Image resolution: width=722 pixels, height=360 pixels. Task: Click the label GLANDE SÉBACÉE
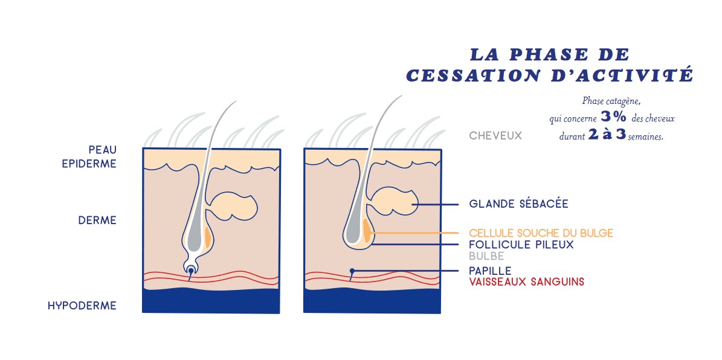point(518,204)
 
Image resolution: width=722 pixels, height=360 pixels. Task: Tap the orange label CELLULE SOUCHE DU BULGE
point(541,233)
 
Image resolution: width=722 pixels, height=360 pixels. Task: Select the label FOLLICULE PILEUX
point(521,245)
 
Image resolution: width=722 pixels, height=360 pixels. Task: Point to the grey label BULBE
point(487,256)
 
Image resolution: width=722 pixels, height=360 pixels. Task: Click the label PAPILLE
point(490,270)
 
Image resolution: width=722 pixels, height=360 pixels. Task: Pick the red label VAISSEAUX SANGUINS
point(526,281)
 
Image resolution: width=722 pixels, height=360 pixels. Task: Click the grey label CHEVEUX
point(495,136)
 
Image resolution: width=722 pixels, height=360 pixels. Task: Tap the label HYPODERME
point(82,306)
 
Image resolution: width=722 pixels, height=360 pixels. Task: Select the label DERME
point(97,220)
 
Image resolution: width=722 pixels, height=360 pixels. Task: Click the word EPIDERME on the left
point(89,164)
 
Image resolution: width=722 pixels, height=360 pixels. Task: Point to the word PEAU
point(103,150)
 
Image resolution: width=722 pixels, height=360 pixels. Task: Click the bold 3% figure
point(613,117)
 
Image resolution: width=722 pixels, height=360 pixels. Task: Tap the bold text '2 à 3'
point(607,135)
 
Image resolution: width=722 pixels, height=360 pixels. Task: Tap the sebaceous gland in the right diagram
point(393,201)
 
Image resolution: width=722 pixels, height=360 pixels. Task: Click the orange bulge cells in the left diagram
point(207,236)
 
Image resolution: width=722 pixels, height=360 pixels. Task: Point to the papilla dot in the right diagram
point(352,270)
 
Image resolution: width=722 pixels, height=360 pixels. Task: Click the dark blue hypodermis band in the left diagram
point(211,301)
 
